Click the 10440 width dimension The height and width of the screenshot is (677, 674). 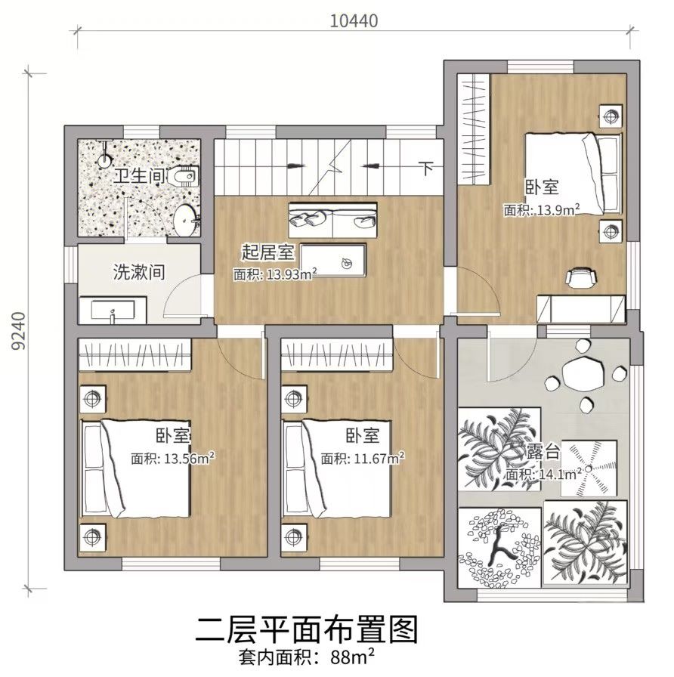tap(354, 20)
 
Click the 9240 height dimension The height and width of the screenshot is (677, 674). tap(19, 331)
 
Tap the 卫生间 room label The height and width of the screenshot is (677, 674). tap(139, 176)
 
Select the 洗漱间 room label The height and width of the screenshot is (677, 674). tap(139, 272)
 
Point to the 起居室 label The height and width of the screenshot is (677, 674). tap(267, 252)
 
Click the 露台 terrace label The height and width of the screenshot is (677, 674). tap(543, 452)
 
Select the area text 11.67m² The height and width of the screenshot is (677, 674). tap(379, 458)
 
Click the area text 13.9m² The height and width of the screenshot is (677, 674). tap(558, 210)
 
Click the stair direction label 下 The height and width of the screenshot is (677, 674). tap(427, 168)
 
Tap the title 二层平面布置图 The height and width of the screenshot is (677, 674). tap(307, 630)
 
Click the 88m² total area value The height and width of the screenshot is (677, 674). tap(352, 658)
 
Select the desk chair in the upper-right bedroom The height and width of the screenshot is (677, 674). tap(581, 277)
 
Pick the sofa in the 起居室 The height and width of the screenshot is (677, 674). tap(332, 220)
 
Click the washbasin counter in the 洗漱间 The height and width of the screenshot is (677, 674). tap(113, 310)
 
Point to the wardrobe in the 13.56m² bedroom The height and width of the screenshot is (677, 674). tap(134, 354)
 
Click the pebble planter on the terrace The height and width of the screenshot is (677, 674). tap(499, 548)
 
